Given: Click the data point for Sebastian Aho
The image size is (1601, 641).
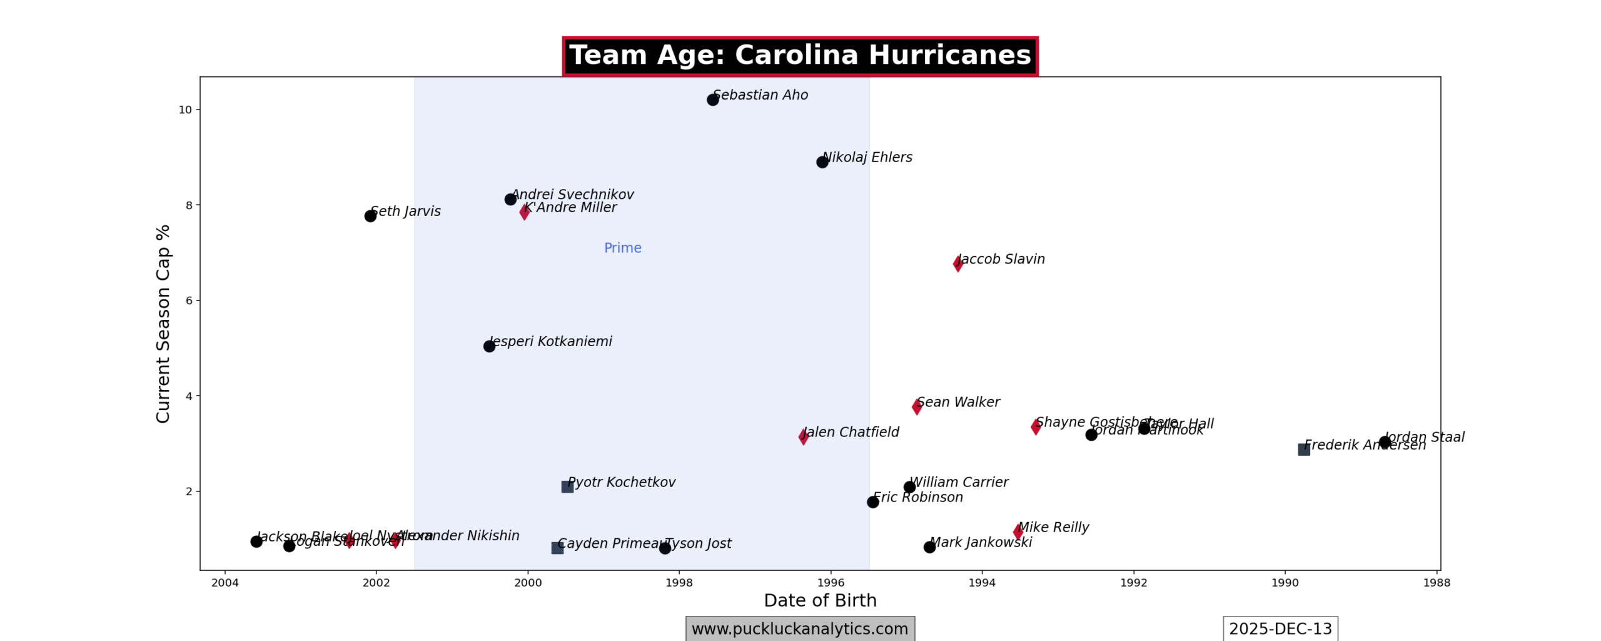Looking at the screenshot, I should [x=712, y=100].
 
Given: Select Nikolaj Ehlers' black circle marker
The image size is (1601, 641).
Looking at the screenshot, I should [x=822, y=162].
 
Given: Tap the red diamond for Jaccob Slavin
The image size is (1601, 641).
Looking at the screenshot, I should [x=957, y=264].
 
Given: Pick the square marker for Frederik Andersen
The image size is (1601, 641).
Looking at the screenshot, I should [x=1303, y=449].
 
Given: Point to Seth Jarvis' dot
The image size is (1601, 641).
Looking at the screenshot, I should [x=370, y=216].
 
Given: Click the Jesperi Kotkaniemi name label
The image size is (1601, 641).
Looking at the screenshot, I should [x=550, y=341].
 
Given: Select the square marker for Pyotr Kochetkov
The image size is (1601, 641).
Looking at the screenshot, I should [x=567, y=486].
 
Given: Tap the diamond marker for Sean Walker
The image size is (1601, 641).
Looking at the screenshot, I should [x=917, y=407].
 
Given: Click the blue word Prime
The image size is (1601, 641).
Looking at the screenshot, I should [x=622, y=248].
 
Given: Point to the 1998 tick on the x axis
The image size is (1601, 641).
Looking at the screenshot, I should [x=679, y=583].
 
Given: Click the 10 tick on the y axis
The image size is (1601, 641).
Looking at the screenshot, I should [x=185, y=110].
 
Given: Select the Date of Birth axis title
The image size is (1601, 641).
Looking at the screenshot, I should [x=820, y=600].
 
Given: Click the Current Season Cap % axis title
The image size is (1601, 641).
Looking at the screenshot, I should [x=163, y=324].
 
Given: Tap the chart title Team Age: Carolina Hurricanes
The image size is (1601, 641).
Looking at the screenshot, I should [x=800, y=56].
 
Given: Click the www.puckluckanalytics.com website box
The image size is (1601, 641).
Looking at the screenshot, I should [x=800, y=628].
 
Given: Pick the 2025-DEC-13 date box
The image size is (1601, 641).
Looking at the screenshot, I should [x=1280, y=628].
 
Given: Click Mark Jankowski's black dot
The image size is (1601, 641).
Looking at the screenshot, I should [x=929, y=547].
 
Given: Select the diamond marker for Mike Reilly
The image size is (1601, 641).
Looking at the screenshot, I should [x=1018, y=532].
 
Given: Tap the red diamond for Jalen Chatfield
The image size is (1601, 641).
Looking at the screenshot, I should [x=803, y=437].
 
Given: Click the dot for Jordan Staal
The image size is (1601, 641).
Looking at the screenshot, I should [x=1385, y=443].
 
